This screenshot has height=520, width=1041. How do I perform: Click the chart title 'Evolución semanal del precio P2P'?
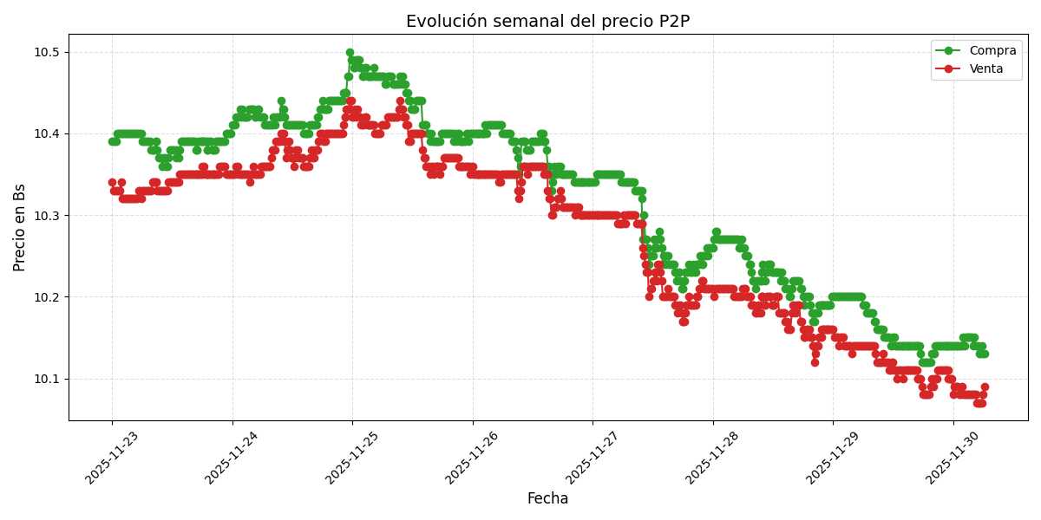547,22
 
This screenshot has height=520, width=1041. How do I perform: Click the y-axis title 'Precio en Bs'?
20,227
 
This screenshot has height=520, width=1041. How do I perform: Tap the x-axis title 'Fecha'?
547,499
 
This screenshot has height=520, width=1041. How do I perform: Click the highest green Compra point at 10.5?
350,53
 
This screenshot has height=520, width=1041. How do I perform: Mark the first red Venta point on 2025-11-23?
112,183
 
